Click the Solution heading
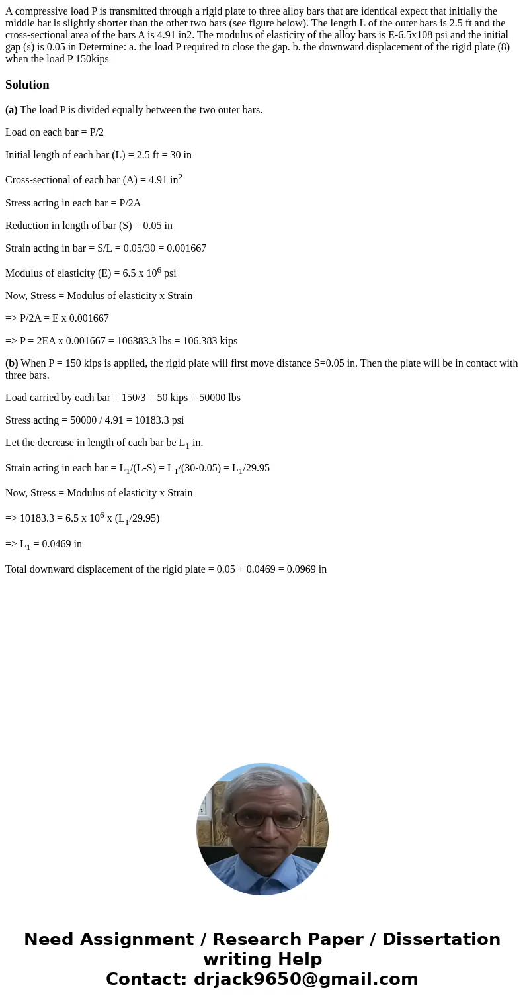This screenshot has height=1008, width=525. tap(27, 85)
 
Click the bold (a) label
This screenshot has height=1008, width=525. tap(11, 110)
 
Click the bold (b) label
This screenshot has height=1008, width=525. tap(11, 363)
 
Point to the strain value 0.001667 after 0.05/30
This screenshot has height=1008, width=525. tap(184, 248)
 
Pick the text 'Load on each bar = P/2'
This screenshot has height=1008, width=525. tap(54, 132)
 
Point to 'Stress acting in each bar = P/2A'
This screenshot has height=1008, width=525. tap(73, 203)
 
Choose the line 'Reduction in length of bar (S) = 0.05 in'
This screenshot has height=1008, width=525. tap(89, 226)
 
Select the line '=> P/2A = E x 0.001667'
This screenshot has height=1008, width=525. tap(57, 318)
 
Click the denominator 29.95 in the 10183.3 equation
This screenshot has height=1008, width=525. tap(143, 518)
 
